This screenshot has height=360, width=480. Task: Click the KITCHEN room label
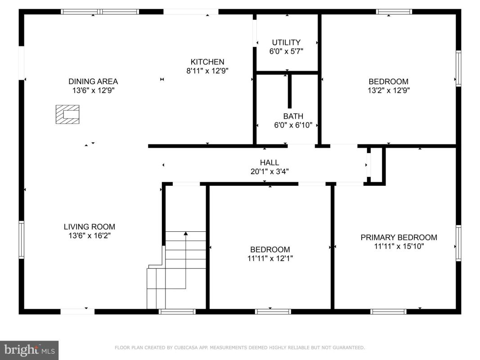[x=207, y=62]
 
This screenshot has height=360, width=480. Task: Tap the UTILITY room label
[x=286, y=42]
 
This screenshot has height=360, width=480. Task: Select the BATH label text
[x=293, y=117]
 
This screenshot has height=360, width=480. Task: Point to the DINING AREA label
[x=93, y=81]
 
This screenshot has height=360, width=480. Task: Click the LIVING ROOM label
[x=90, y=227]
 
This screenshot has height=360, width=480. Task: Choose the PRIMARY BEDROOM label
[x=399, y=237]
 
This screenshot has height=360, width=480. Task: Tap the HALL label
[x=269, y=162]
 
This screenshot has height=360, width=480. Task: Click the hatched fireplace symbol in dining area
[x=67, y=114]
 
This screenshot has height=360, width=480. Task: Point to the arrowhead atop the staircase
[x=185, y=234]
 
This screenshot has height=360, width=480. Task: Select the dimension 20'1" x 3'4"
[x=269, y=171]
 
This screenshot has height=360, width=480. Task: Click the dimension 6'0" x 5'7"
[x=286, y=51]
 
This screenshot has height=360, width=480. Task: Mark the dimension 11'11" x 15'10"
[x=399, y=246]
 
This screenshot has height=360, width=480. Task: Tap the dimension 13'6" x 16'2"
[x=90, y=236]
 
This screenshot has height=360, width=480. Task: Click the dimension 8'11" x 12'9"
[x=207, y=71]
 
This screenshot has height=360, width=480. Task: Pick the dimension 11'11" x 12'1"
[x=270, y=258]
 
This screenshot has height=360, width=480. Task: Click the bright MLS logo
[x=29, y=350]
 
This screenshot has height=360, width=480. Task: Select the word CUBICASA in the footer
[x=186, y=347]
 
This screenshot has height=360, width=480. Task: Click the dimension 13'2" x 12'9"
[x=389, y=90]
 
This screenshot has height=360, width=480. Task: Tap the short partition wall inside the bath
[x=290, y=91]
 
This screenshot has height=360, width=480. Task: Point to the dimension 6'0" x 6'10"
[x=293, y=125]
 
